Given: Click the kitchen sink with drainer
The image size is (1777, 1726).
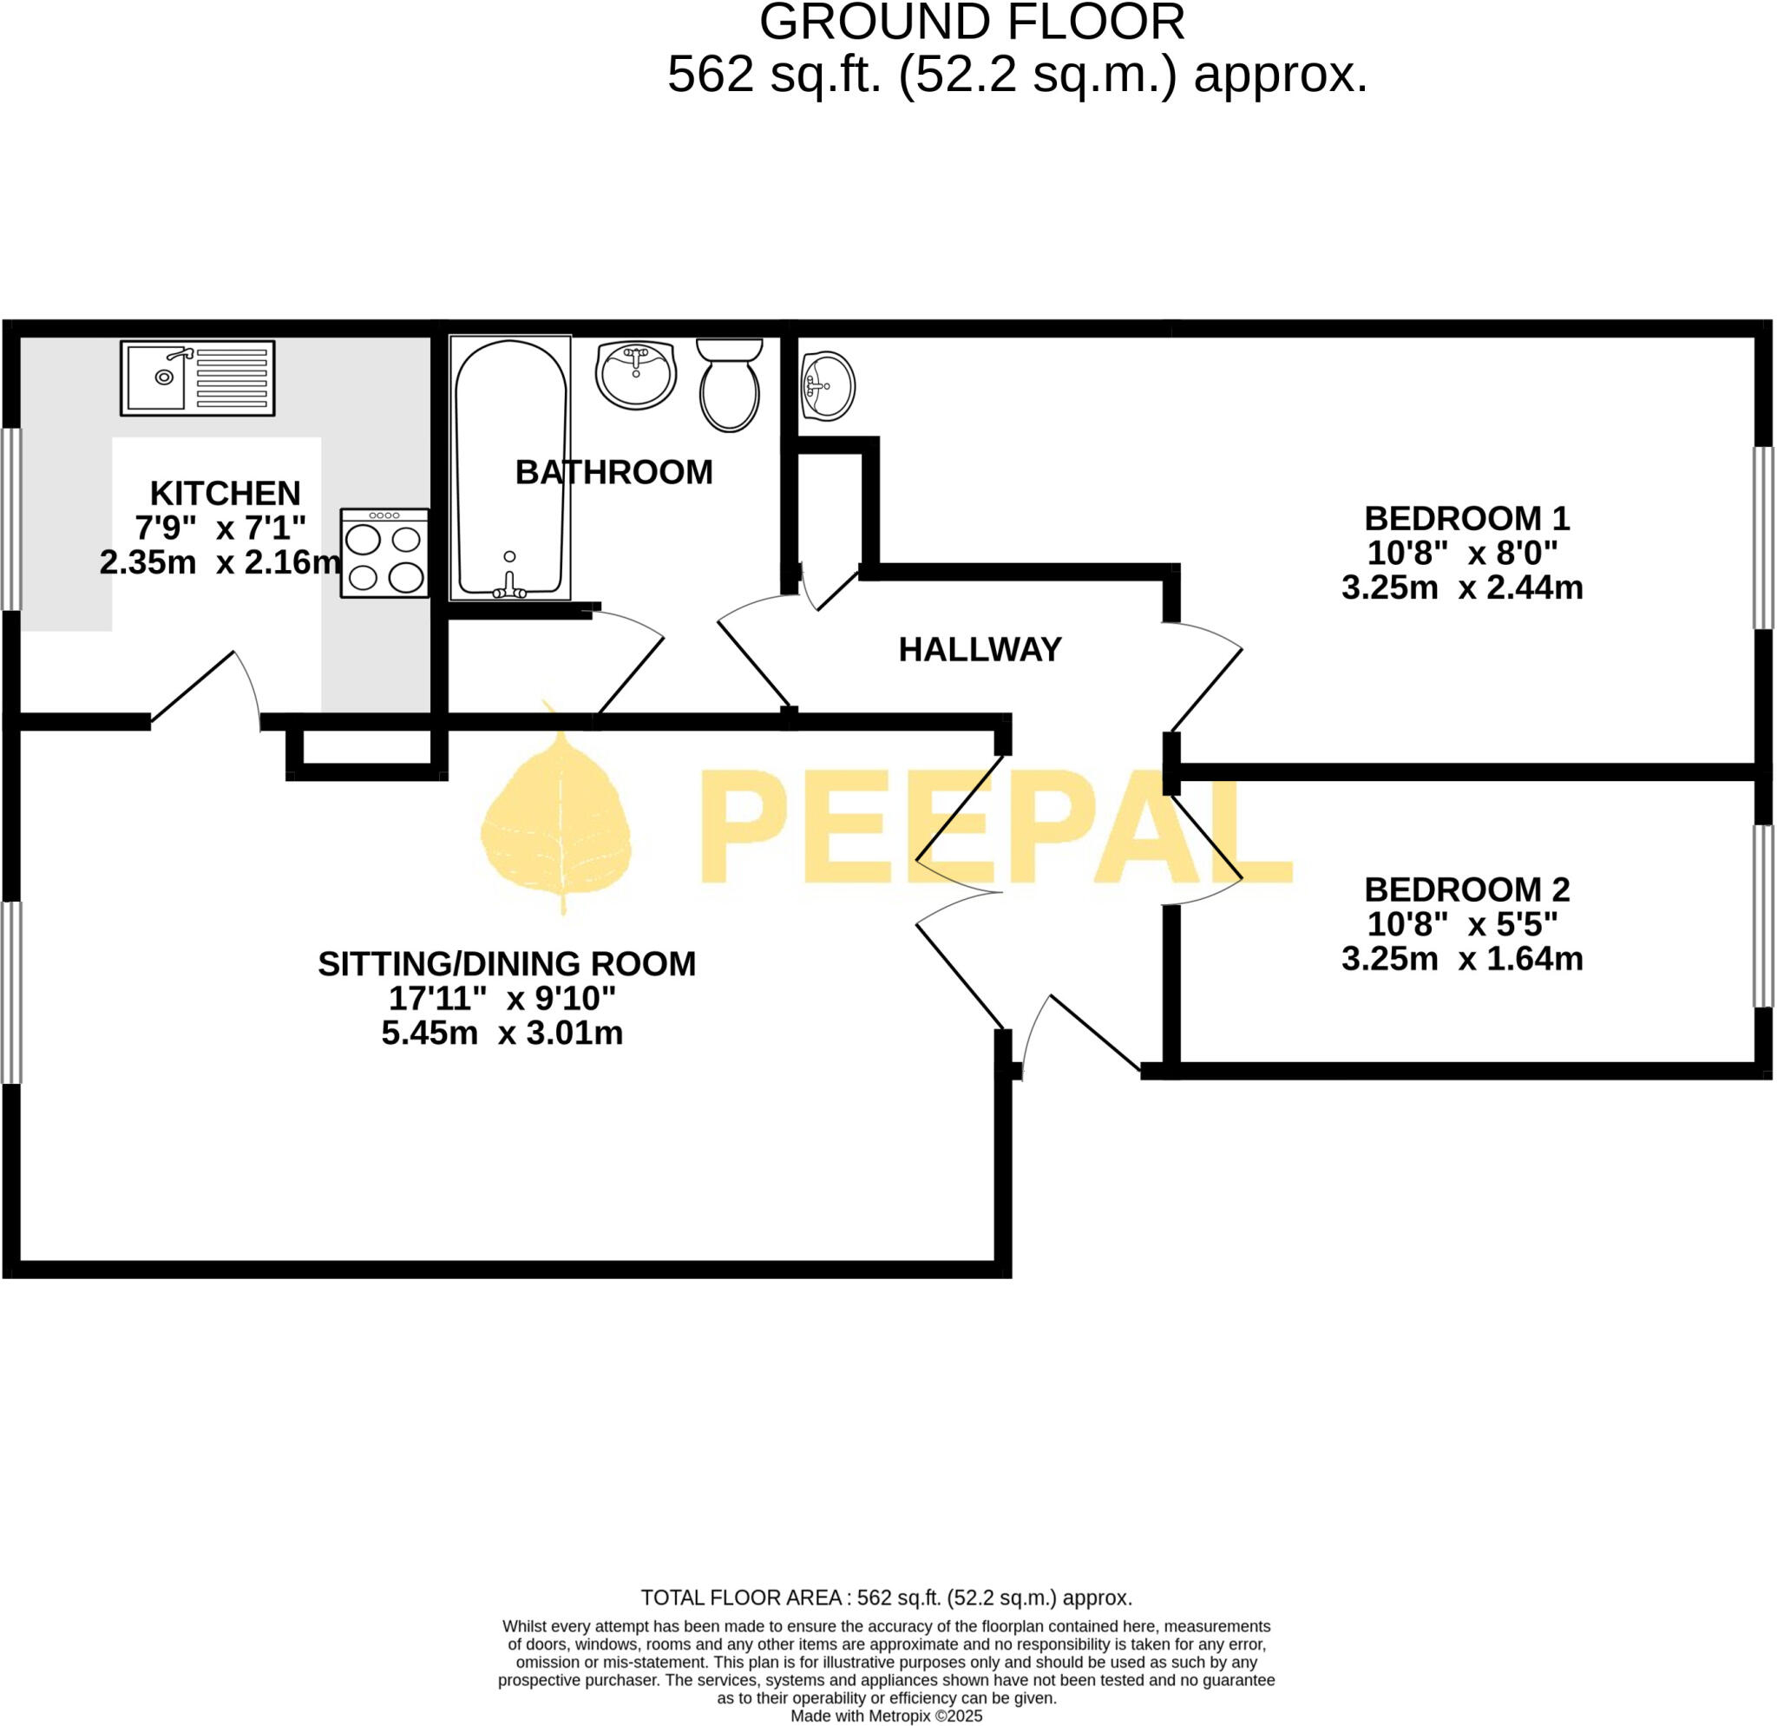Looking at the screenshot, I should [197, 378].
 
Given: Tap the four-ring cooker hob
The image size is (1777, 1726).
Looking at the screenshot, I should [384, 553].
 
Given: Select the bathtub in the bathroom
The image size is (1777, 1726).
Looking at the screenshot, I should [511, 468].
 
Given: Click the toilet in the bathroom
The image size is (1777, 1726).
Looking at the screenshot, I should [730, 385].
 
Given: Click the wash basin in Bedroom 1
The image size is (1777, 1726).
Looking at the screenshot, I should [827, 387].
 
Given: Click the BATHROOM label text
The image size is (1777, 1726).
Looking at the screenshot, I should [613, 472].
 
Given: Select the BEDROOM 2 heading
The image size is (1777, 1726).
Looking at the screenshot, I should [1466, 889].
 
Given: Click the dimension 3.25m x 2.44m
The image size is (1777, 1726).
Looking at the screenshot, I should [1461, 587].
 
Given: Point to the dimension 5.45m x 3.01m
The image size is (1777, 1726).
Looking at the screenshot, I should [502, 1033].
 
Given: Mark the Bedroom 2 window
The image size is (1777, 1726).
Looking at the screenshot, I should [1761, 916].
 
